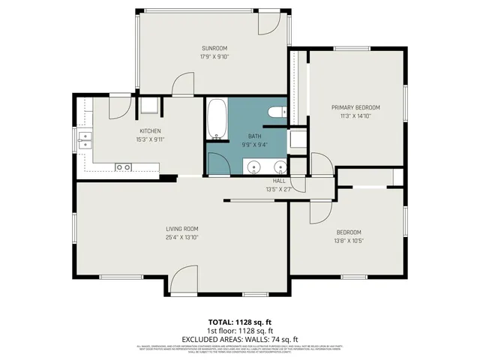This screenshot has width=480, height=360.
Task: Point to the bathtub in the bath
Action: [x=217, y=119]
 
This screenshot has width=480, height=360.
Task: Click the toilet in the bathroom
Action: [x=275, y=112]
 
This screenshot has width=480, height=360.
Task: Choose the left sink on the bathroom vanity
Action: [x=248, y=166]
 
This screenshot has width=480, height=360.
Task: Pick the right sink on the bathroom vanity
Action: [x=279, y=166]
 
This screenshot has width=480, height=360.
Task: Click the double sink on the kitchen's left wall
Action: [x=84, y=139]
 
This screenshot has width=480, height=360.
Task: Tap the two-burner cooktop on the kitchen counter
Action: [x=123, y=166]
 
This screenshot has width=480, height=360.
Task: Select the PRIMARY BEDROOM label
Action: [x=355, y=107]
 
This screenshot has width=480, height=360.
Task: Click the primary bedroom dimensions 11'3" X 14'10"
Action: [x=355, y=115]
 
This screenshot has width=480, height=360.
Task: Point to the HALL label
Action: [x=279, y=181]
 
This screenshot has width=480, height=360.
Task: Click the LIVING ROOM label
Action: [x=181, y=229]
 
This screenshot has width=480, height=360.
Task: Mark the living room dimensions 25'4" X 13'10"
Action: [x=181, y=237]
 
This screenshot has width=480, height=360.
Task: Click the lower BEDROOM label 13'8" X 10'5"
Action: [x=349, y=232]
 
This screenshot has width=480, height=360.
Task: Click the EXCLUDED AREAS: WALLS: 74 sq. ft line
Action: [x=239, y=338]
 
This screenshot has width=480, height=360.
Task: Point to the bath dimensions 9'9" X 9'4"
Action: [x=254, y=144]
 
